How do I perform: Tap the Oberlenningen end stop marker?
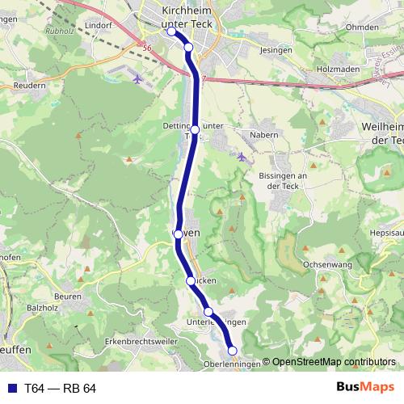point(233,351)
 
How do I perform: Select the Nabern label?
point(264,135)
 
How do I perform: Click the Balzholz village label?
point(43,308)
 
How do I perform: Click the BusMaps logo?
point(365,388)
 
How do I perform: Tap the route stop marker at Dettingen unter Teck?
point(195,129)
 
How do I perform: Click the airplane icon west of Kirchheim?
point(137,79)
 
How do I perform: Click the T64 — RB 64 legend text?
point(60,389)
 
